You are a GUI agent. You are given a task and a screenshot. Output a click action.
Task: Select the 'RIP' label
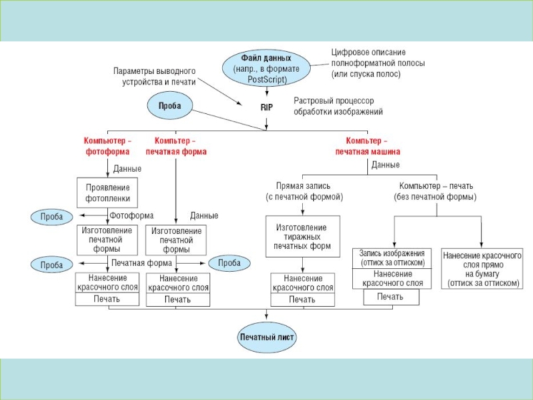tap(266, 106)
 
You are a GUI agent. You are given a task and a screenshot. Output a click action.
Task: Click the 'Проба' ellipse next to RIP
tap(169, 105)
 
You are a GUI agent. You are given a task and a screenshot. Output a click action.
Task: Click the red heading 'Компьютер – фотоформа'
tap(107, 146)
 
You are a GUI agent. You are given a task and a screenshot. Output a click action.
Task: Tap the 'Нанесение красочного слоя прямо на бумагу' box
tap(482, 269)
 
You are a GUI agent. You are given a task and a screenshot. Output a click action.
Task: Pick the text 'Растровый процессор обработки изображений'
tap(338, 107)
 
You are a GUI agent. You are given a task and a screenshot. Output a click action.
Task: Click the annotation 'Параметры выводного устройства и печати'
tap(154, 75)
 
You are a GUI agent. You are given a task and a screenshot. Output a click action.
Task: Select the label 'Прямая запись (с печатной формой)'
tap(304, 191)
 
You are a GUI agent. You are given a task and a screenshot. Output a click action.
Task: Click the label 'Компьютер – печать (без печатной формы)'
tap(437, 191)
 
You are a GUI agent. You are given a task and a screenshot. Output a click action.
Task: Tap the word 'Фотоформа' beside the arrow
tap(132, 216)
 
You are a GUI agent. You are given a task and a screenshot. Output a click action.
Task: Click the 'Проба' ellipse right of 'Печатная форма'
tap(229, 263)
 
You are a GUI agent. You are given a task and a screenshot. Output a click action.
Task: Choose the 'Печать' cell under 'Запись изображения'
tap(391, 296)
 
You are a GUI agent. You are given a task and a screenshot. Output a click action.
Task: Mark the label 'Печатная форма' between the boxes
tap(142, 263)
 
